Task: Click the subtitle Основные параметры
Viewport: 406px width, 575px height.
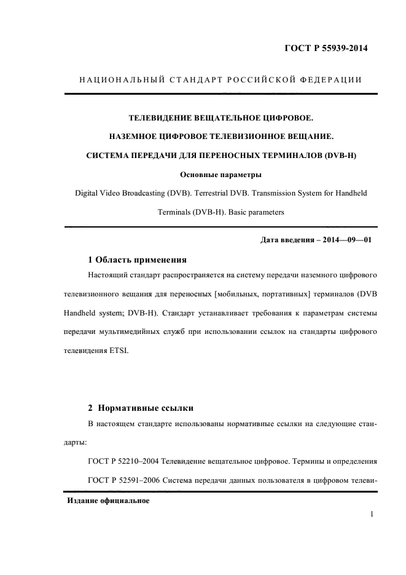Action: (x=221, y=174)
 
